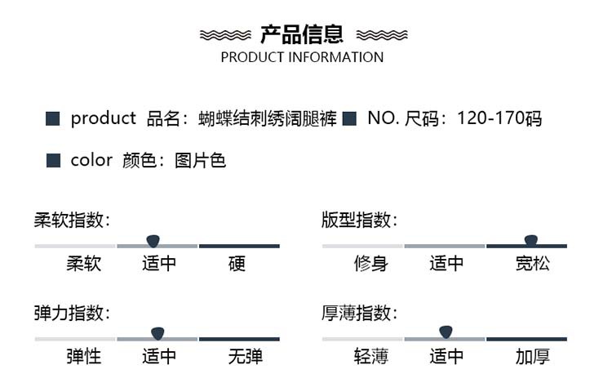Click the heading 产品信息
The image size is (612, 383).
[x=302, y=34]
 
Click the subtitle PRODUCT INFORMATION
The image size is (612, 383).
[x=302, y=57]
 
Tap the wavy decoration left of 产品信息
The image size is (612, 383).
[x=225, y=35]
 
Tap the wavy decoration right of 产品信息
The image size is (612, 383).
[x=382, y=35]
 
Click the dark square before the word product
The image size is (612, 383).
[x=53, y=119]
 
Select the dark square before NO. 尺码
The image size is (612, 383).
[x=349, y=119]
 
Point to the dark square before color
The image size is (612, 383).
[x=53, y=160]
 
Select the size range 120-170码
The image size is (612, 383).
[x=499, y=119]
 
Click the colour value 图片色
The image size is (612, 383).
[x=200, y=160]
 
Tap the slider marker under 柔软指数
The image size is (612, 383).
[x=153, y=240]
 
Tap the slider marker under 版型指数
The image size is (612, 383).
[x=531, y=240]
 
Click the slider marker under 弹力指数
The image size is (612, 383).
[x=158, y=332]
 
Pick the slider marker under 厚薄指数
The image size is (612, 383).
[x=446, y=332]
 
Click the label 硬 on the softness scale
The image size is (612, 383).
[x=237, y=264]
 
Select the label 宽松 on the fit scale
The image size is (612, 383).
[x=533, y=264]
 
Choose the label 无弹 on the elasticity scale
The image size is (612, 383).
[x=245, y=357]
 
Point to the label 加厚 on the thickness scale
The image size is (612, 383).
[x=533, y=357]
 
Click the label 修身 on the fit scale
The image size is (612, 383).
[x=370, y=264]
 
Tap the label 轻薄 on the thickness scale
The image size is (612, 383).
[x=370, y=357]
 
